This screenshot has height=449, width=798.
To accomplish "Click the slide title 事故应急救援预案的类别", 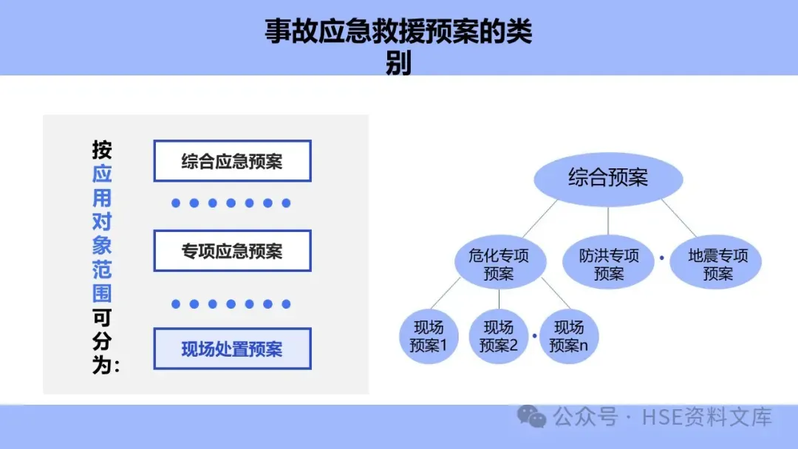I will tap(398, 46).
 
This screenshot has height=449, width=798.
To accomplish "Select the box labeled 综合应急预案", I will tap(232, 161).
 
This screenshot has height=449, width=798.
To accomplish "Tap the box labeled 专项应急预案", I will tap(232, 251).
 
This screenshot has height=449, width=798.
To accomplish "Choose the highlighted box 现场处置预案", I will tap(232, 349).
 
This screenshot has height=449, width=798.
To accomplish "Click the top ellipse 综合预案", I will tap(608, 178).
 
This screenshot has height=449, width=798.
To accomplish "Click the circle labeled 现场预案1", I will tap(428, 336).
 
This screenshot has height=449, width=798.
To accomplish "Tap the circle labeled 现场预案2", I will tap(499, 336).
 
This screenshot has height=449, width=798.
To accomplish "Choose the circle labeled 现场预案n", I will tap(568, 336).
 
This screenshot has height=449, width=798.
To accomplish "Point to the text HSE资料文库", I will tap(706, 417).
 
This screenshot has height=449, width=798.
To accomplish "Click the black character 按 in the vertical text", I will tap(102, 151).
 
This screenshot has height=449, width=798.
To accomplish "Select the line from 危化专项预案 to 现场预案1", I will tap(446, 296).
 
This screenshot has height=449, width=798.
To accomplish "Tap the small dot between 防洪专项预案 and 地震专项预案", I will tap(662, 258).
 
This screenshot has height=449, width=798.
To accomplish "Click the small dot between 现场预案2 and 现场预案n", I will tap(533, 335).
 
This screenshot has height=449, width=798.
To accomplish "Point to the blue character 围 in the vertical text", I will tap(102, 294).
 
